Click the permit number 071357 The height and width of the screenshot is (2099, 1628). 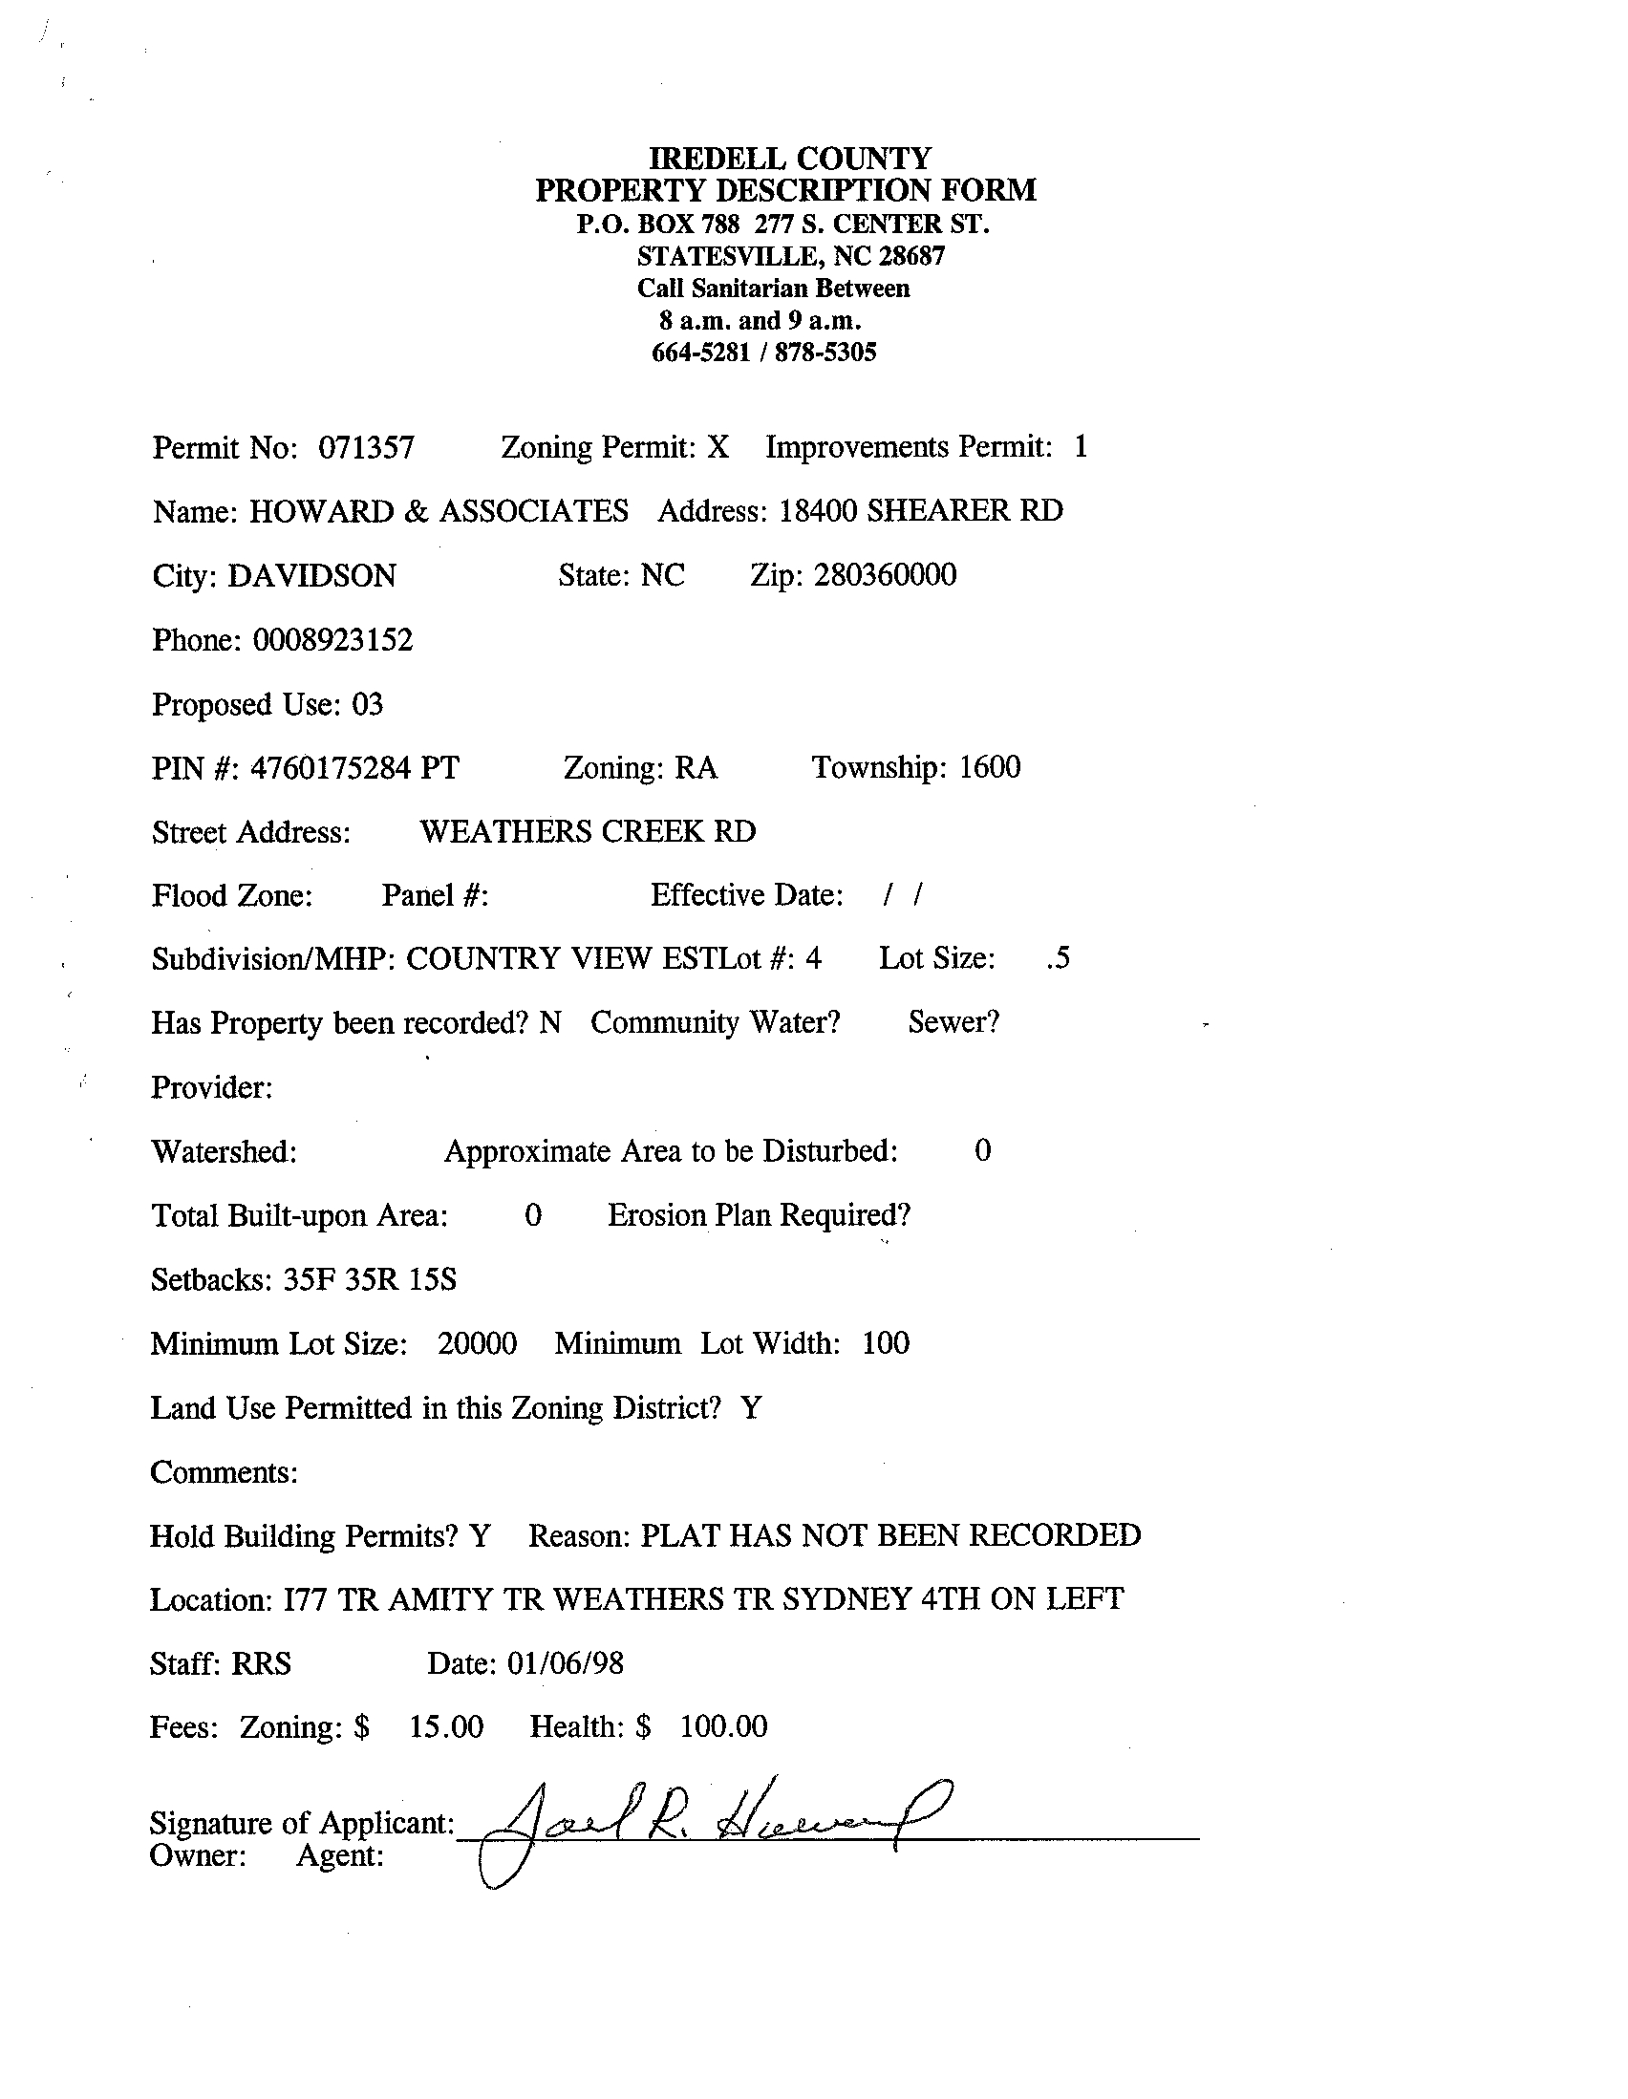[366, 448]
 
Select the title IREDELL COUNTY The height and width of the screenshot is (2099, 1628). [790, 158]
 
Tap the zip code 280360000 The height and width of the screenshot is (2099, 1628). [885, 576]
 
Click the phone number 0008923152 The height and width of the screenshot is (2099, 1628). [332, 640]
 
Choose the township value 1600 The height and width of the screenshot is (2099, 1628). [990, 768]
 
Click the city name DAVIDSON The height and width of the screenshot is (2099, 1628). [311, 576]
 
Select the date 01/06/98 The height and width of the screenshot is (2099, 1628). [565, 1663]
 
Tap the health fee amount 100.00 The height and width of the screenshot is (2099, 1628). [723, 1727]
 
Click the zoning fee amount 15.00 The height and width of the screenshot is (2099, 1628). [446, 1727]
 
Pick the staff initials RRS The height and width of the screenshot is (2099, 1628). [262, 1663]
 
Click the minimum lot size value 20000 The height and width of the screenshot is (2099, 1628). [477, 1343]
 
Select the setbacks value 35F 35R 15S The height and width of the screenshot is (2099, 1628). [370, 1280]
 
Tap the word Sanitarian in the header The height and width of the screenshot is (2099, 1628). [750, 289]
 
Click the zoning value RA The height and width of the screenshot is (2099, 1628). [696, 768]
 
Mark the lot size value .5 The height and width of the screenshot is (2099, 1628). [1057, 959]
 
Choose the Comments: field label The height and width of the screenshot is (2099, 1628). [224, 1472]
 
